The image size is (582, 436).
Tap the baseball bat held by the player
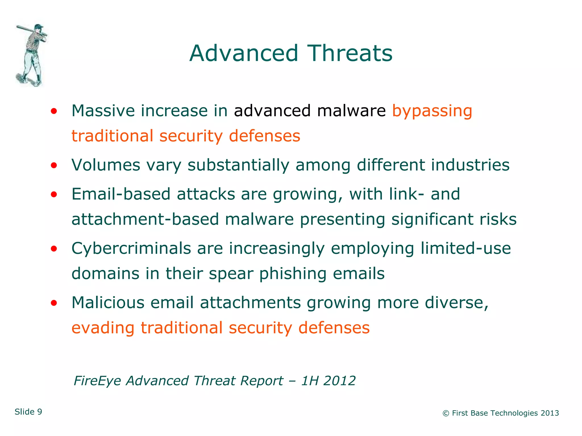(x=28, y=30)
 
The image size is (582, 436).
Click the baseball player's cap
(x=39, y=26)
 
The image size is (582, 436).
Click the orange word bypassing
(x=432, y=111)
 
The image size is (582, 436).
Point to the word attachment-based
(x=145, y=219)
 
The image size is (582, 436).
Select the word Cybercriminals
(x=131, y=248)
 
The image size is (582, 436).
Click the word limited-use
(x=465, y=248)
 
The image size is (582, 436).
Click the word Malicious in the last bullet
(x=108, y=302)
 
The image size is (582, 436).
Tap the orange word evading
(x=103, y=328)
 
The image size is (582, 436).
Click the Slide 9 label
(x=28, y=412)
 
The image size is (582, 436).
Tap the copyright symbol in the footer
(x=446, y=413)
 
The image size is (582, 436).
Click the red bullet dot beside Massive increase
(x=54, y=111)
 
